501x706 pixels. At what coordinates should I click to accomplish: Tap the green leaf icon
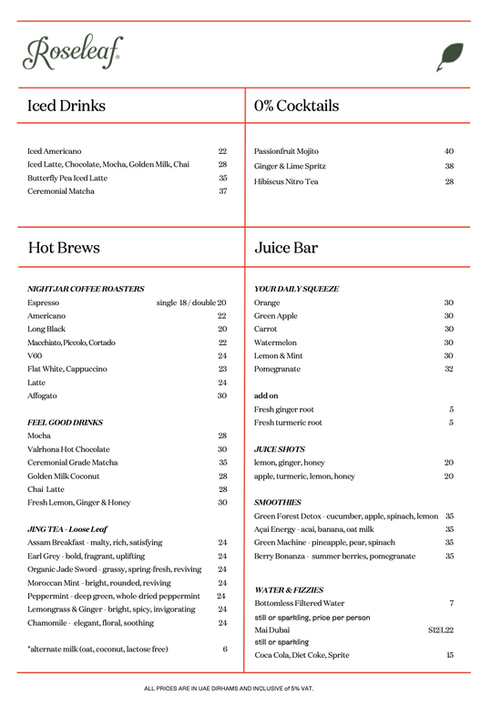(x=450, y=56)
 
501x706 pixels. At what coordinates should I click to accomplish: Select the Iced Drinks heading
(x=66, y=106)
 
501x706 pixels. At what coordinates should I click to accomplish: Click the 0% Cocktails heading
(x=296, y=106)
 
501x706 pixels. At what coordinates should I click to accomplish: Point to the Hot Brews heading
(x=64, y=248)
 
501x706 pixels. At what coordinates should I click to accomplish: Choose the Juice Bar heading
(x=286, y=248)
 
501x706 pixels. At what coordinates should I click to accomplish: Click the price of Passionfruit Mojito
(x=449, y=151)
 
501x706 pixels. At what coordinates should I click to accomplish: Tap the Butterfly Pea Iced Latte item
(x=67, y=178)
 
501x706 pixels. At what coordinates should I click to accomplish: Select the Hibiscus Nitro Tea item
(x=286, y=181)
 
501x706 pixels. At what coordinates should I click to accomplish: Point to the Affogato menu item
(x=42, y=396)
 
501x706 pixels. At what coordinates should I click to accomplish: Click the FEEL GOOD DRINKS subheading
(x=65, y=423)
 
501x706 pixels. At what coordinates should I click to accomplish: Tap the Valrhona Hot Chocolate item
(x=68, y=449)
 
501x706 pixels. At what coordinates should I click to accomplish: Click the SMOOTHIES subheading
(x=277, y=503)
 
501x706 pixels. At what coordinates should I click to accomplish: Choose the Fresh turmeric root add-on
(x=288, y=423)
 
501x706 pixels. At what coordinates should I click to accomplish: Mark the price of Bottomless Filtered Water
(x=451, y=603)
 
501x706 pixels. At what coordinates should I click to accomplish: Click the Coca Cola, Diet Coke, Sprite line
(x=302, y=655)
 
